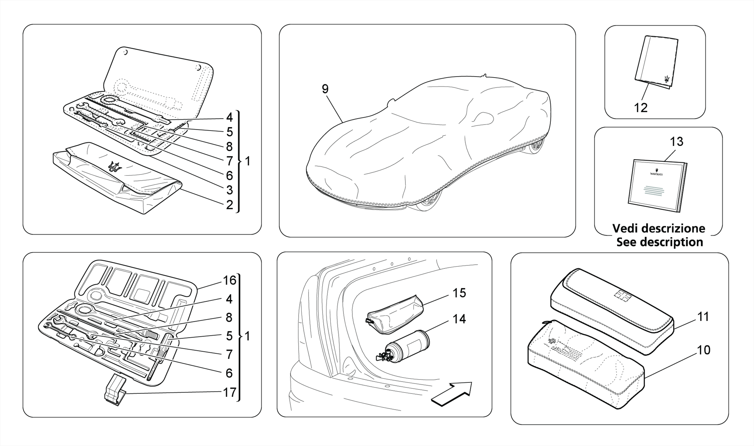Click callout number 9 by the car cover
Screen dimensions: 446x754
pos(325,89)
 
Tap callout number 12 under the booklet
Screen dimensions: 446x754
pos(641,108)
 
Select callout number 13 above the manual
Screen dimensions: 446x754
pos(677,141)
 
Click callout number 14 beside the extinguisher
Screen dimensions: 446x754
pos(459,319)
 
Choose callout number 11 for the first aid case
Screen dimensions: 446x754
pos(703,317)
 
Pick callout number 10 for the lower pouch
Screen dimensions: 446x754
pos(704,350)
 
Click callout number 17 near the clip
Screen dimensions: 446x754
pos(230,392)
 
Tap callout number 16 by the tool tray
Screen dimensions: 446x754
pos(230,281)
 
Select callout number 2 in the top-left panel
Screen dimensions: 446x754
pos(229,205)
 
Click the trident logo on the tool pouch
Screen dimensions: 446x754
pos(115,167)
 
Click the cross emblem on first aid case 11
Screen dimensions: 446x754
pos(622,294)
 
